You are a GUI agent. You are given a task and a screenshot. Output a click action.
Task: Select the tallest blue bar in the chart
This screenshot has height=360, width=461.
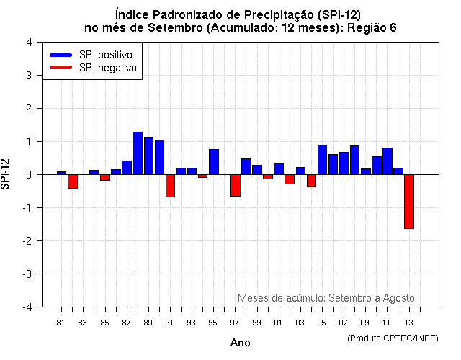(x=138, y=153)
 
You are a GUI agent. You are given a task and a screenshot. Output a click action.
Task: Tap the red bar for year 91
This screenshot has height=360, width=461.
(x=171, y=186)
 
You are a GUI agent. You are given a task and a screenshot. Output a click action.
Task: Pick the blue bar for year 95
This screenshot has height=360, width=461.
(x=214, y=162)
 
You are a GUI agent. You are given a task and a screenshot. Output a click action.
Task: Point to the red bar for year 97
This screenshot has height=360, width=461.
(x=236, y=185)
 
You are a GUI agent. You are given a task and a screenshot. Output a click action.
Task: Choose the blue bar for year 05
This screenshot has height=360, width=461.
(x=322, y=160)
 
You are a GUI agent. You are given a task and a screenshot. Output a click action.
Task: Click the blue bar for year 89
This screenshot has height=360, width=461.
(x=148, y=156)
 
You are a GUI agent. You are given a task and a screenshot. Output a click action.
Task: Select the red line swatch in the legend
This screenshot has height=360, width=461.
(x=61, y=68)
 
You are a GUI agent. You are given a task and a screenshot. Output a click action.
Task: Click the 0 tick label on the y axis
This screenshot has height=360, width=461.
(x=29, y=174)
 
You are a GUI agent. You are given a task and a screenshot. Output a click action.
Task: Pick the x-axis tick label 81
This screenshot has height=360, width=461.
(x=61, y=323)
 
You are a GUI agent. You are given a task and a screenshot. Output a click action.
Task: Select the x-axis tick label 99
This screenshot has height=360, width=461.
(x=256, y=323)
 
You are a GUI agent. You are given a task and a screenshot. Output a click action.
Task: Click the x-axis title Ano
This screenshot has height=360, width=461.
(x=240, y=343)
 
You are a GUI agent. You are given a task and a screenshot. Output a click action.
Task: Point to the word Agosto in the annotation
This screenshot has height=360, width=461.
(x=398, y=297)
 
